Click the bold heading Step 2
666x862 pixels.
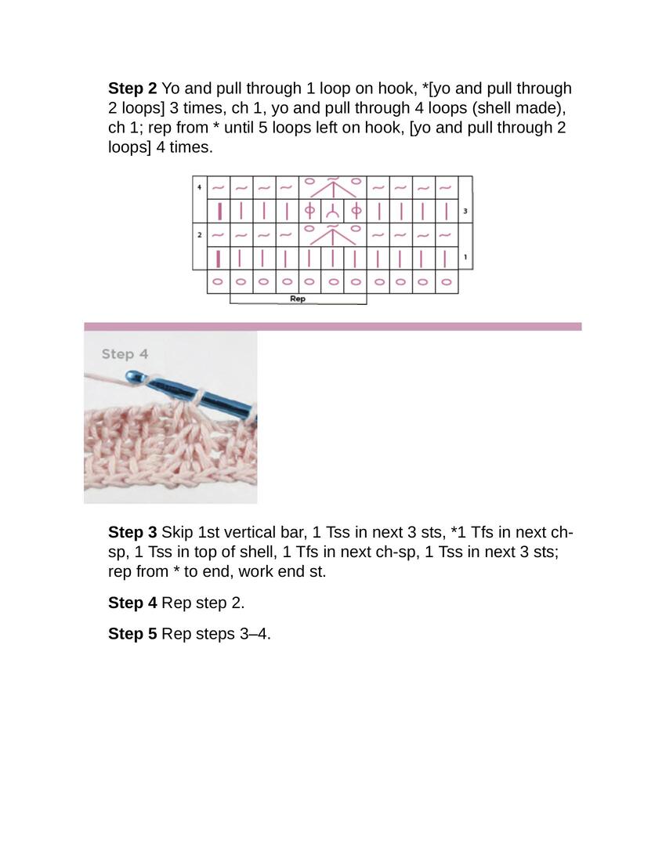(x=132, y=89)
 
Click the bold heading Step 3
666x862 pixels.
(x=132, y=532)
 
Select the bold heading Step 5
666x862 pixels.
(x=132, y=633)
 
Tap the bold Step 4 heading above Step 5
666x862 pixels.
(x=132, y=603)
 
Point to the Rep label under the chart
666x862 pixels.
(x=297, y=299)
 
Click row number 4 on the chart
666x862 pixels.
(x=199, y=187)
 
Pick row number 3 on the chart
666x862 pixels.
(x=465, y=211)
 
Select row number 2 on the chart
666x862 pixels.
(x=199, y=235)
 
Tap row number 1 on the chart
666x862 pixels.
(x=465, y=257)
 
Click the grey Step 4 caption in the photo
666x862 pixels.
(x=125, y=354)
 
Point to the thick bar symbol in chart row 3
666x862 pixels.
(x=219, y=211)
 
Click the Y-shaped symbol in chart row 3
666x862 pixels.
(x=332, y=211)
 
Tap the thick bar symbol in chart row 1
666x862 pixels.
(x=219, y=259)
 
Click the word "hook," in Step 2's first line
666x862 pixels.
(x=397, y=89)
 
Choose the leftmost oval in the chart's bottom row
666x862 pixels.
(x=218, y=282)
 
